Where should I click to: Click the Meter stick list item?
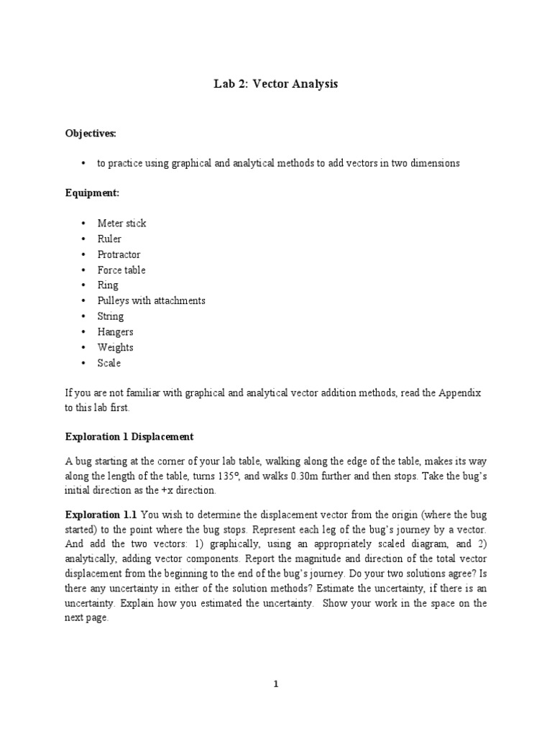pyautogui.click(x=121, y=224)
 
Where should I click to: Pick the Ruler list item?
pyautogui.click(x=109, y=239)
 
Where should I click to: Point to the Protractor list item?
pyautogui.click(x=119, y=254)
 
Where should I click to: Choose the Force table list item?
pyautogui.click(x=121, y=270)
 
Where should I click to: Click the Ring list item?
pyautogui.click(x=108, y=285)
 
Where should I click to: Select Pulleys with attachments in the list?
pyautogui.click(x=151, y=300)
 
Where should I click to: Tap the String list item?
pyautogui.click(x=111, y=316)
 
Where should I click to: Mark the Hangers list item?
pyautogui.click(x=115, y=332)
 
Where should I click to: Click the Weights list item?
pyautogui.click(x=115, y=347)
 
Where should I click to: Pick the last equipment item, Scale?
pyautogui.click(x=109, y=363)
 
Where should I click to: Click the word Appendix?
pyautogui.click(x=461, y=394)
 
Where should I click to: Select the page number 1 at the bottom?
pyautogui.click(x=276, y=684)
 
